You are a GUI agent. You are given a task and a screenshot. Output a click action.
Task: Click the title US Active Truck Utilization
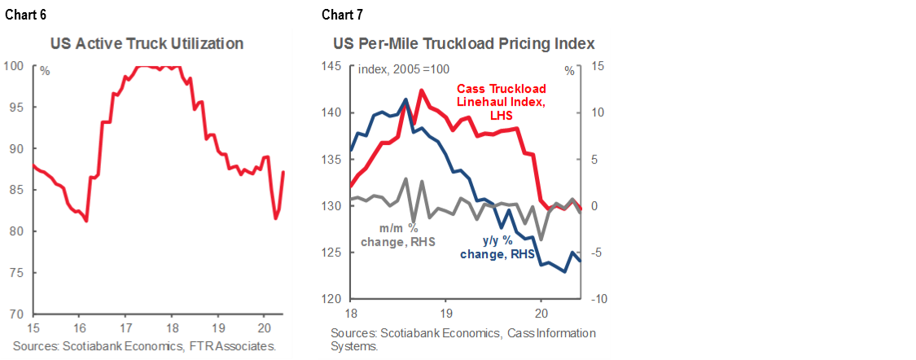point(147,43)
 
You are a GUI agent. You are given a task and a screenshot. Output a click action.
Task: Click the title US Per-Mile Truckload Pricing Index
point(462,43)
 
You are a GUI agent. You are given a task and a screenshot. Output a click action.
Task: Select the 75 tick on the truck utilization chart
point(16,273)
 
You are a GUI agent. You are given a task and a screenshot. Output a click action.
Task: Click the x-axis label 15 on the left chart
point(33,328)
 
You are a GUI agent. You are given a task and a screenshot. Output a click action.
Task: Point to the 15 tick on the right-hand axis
point(594,66)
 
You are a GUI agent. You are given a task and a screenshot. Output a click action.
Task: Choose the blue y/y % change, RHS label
point(497,247)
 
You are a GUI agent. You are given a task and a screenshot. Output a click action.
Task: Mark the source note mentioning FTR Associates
point(145,346)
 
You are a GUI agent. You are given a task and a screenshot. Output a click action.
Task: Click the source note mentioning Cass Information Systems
point(462,339)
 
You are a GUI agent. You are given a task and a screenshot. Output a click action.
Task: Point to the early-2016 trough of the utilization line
point(86,221)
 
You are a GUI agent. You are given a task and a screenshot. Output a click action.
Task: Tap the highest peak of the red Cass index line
point(422,90)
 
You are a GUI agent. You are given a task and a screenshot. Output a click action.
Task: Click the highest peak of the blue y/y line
point(405,99)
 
